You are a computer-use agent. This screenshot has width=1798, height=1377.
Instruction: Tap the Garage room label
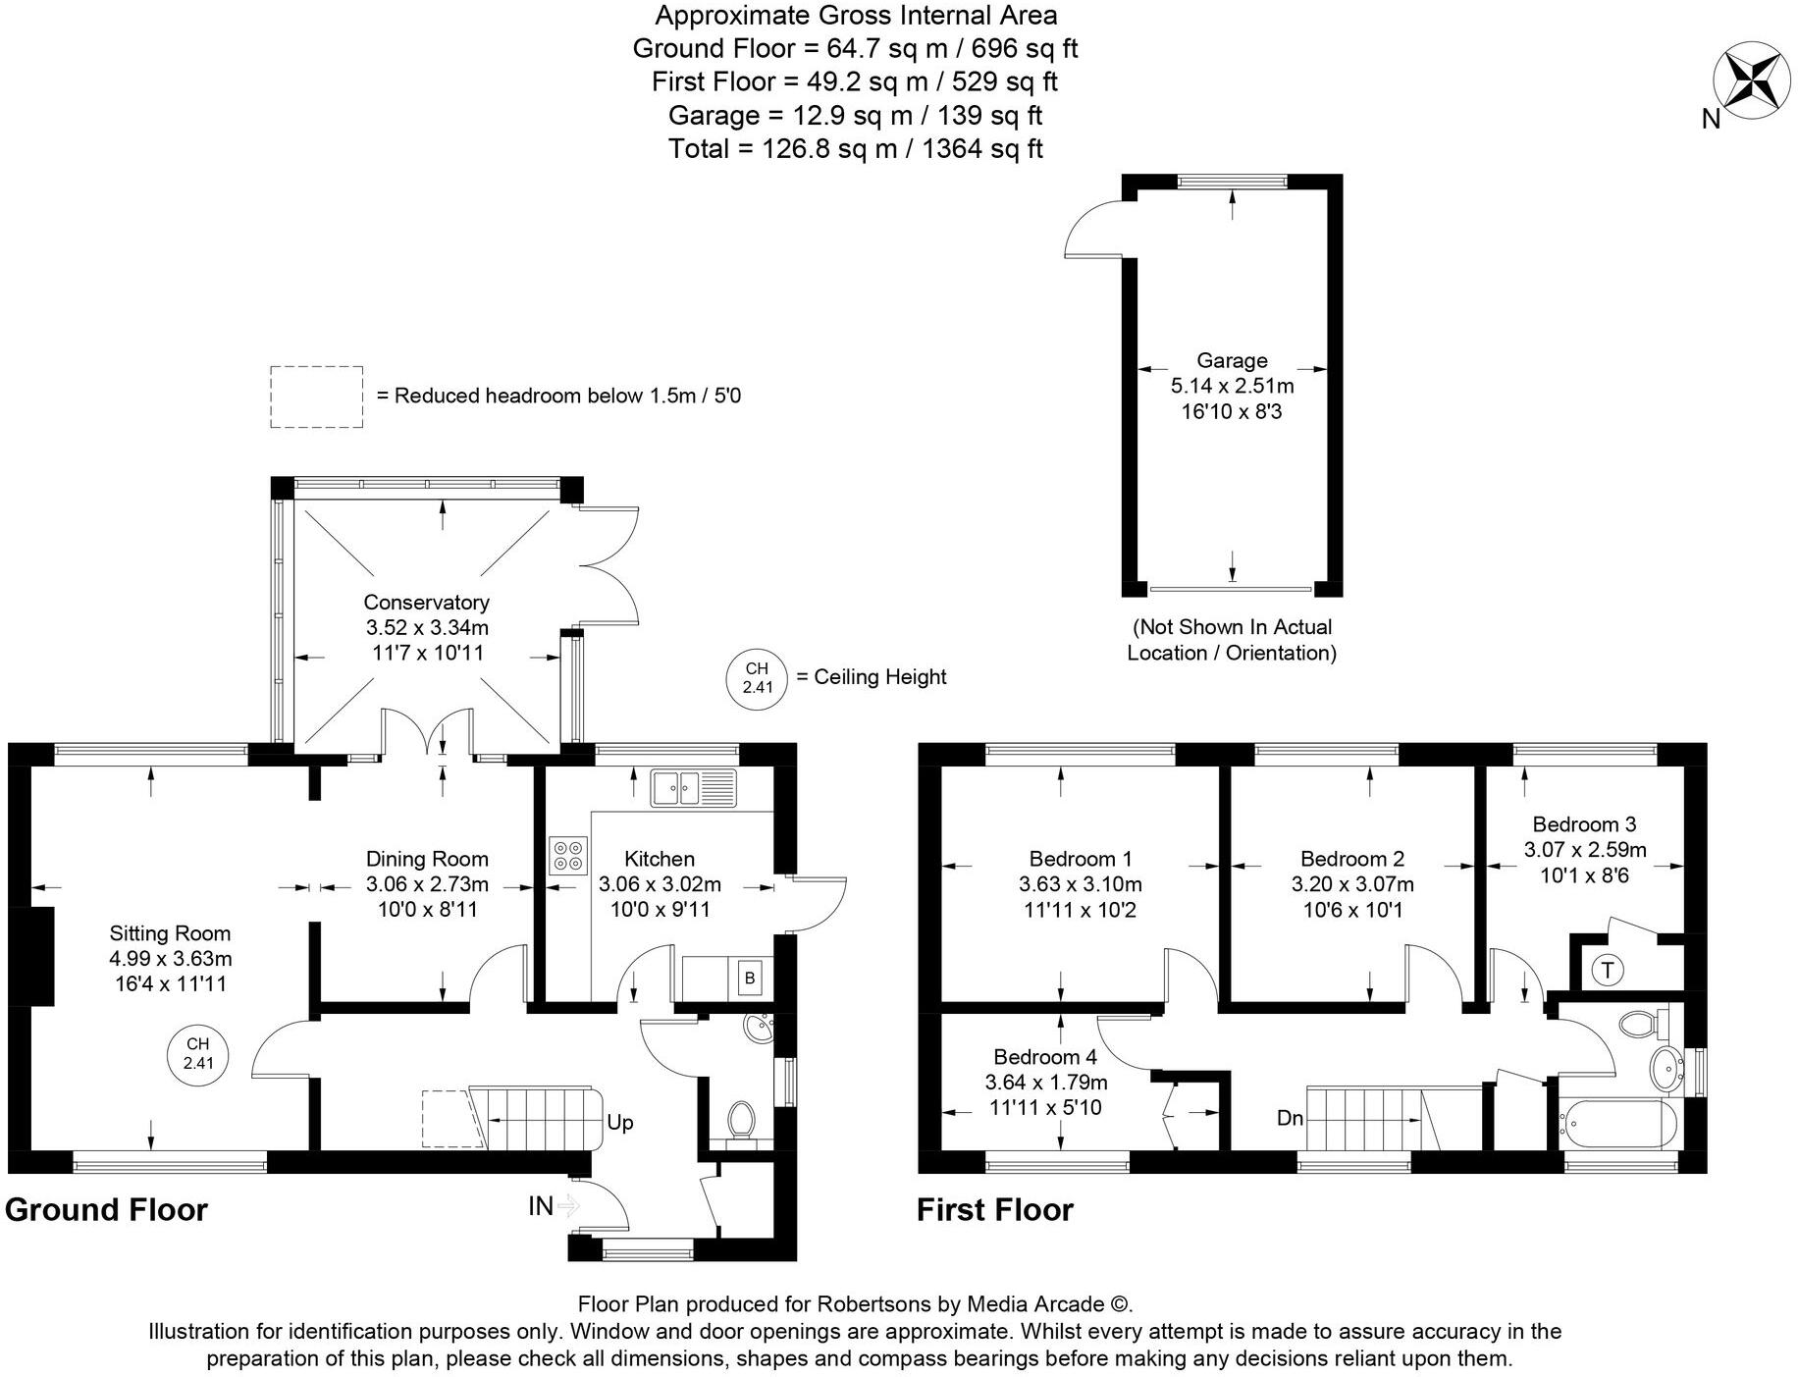pyautogui.click(x=1232, y=360)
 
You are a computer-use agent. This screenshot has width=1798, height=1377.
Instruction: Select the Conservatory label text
pyautogui.click(x=426, y=602)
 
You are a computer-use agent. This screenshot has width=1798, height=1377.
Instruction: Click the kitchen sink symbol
pyautogui.click(x=693, y=788)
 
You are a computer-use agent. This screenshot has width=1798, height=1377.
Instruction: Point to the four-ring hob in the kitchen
pyautogui.click(x=568, y=854)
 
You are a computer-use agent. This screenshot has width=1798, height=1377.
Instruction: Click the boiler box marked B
pyautogui.click(x=750, y=978)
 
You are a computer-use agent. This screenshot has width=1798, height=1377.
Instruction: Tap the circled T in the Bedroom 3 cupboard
pyautogui.click(x=1608, y=970)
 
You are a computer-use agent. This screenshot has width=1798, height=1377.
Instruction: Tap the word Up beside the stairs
pyautogui.click(x=619, y=1122)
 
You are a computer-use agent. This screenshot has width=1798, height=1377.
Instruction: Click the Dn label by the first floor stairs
pyautogui.click(x=1290, y=1118)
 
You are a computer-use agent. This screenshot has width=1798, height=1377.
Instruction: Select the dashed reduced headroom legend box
pyautogui.click(x=316, y=397)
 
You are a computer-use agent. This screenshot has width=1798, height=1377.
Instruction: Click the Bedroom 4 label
pyautogui.click(x=1045, y=1057)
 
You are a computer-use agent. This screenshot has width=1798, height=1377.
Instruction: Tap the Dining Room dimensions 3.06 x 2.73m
pyautogui.click(x=427, y=883)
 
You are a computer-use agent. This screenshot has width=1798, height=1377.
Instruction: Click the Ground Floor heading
pyautogui.click(x=106, y=1210)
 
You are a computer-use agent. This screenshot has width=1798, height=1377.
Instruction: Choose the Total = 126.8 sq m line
pyautogui.click(x=855, y=149)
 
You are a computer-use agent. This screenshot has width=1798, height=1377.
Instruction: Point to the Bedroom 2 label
pyautogui.click(x=1352, y=859)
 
